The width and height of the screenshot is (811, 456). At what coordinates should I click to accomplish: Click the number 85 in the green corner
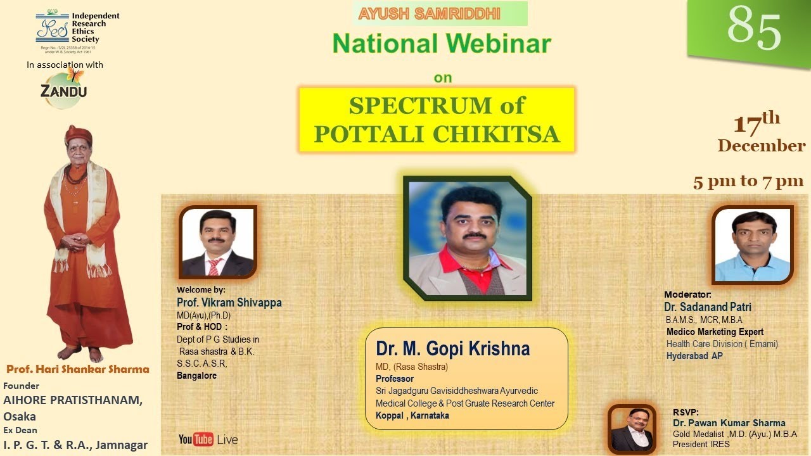[754, 29]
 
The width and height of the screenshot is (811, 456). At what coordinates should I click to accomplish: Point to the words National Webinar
[442, 44]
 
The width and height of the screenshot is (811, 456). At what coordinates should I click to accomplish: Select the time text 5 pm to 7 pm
[748, 182]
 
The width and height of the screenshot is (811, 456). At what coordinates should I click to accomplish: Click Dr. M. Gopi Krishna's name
[452, 349]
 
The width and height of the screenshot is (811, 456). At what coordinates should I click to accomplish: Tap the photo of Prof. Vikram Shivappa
[218, 243]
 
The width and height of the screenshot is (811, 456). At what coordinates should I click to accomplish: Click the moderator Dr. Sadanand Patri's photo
[753, 245]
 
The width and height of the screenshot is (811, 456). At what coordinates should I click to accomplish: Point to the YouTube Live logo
[208, 439]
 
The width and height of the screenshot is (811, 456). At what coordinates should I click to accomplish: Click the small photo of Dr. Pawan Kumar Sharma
[632, 429]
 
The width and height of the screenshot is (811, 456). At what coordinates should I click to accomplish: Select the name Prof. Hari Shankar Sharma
[78, 369]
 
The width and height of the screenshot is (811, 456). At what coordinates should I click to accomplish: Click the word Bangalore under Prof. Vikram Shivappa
[196, 376]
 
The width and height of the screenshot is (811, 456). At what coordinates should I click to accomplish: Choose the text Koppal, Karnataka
[412, 415]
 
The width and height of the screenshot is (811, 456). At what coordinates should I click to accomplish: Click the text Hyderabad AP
[694, 356]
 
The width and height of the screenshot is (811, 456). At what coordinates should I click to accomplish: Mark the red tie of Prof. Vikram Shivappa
[214, 267]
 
